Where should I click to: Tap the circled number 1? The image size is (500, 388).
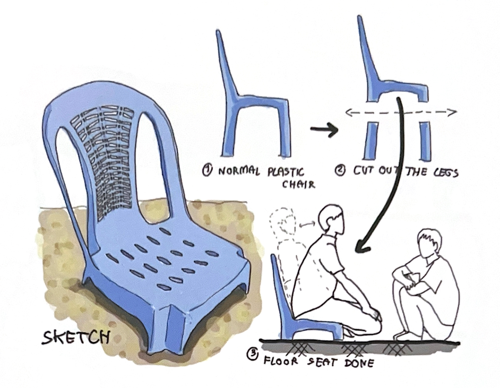[x=207, y=170]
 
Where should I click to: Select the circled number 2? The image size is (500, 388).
[x=340, y=171]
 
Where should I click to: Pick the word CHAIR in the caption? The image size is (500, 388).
[x=299, y=184]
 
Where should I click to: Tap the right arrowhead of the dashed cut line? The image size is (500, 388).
[x=452, y=112]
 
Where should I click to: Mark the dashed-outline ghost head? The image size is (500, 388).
[x=282, y=221]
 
